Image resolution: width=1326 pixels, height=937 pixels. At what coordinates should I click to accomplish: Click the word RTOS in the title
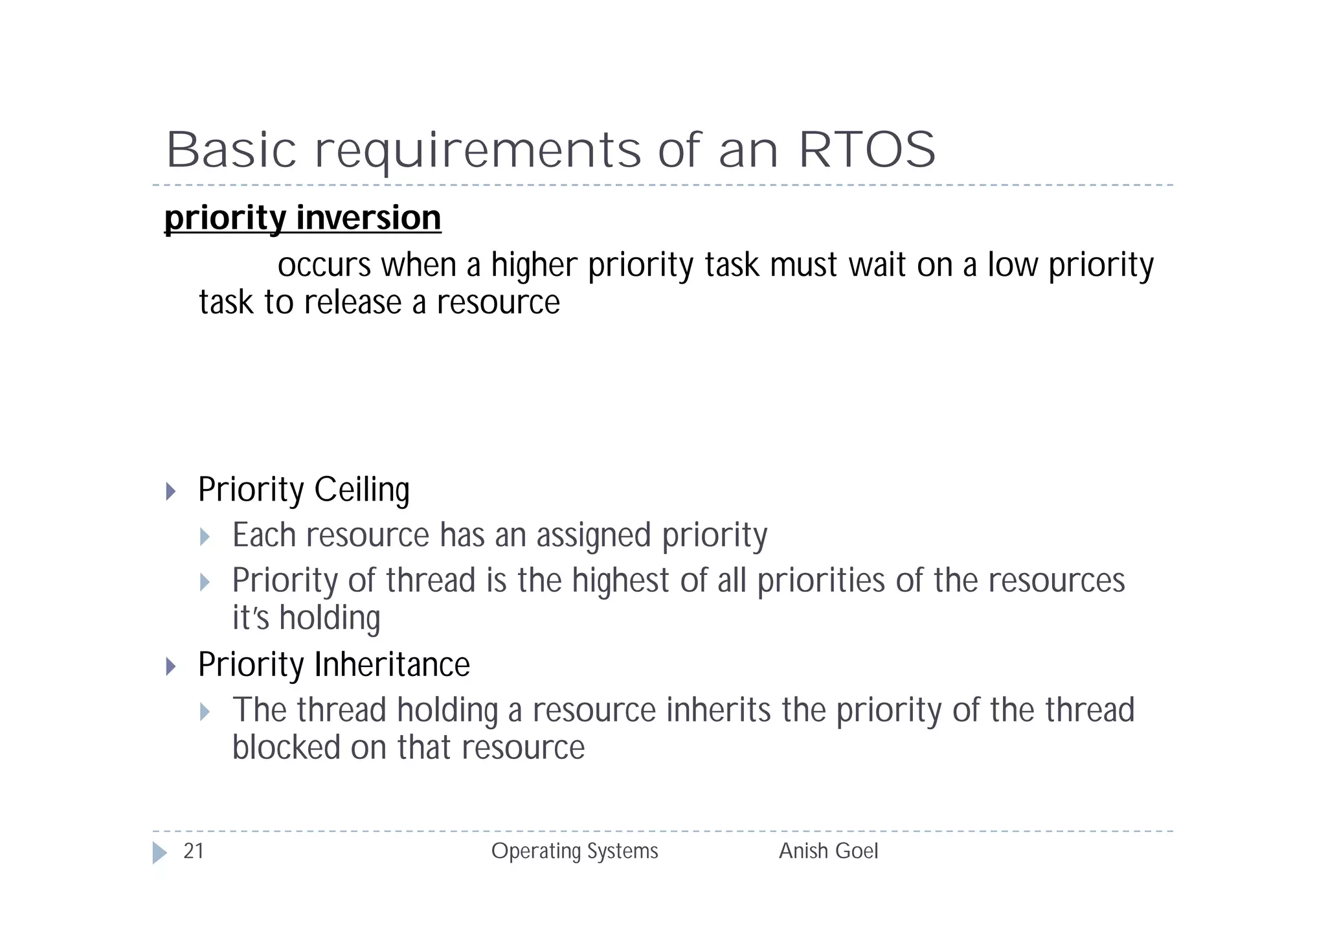point(867,150)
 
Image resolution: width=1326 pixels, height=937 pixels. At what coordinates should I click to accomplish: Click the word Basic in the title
point(231,150)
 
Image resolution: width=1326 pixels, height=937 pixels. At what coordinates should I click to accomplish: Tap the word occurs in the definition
point(324,265)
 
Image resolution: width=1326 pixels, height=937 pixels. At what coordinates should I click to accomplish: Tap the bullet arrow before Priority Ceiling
point(171,491)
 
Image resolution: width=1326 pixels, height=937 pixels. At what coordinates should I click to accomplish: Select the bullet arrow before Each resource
point(205,536)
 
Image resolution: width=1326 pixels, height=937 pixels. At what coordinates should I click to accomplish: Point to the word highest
point(620,580)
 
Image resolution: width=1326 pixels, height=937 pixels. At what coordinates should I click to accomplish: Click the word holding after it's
point(330,618)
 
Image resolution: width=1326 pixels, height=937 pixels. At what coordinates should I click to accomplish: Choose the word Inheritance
point(392,665)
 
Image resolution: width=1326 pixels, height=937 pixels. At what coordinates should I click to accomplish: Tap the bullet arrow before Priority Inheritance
point(171,666)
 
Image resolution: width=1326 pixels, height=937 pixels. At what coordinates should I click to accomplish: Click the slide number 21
point(194,851)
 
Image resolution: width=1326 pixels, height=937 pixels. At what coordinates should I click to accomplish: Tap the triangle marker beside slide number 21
point(159,852)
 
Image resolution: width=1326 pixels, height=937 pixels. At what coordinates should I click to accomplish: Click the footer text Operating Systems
point(574,851)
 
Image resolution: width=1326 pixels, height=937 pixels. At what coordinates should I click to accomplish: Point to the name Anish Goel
point(828,851)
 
